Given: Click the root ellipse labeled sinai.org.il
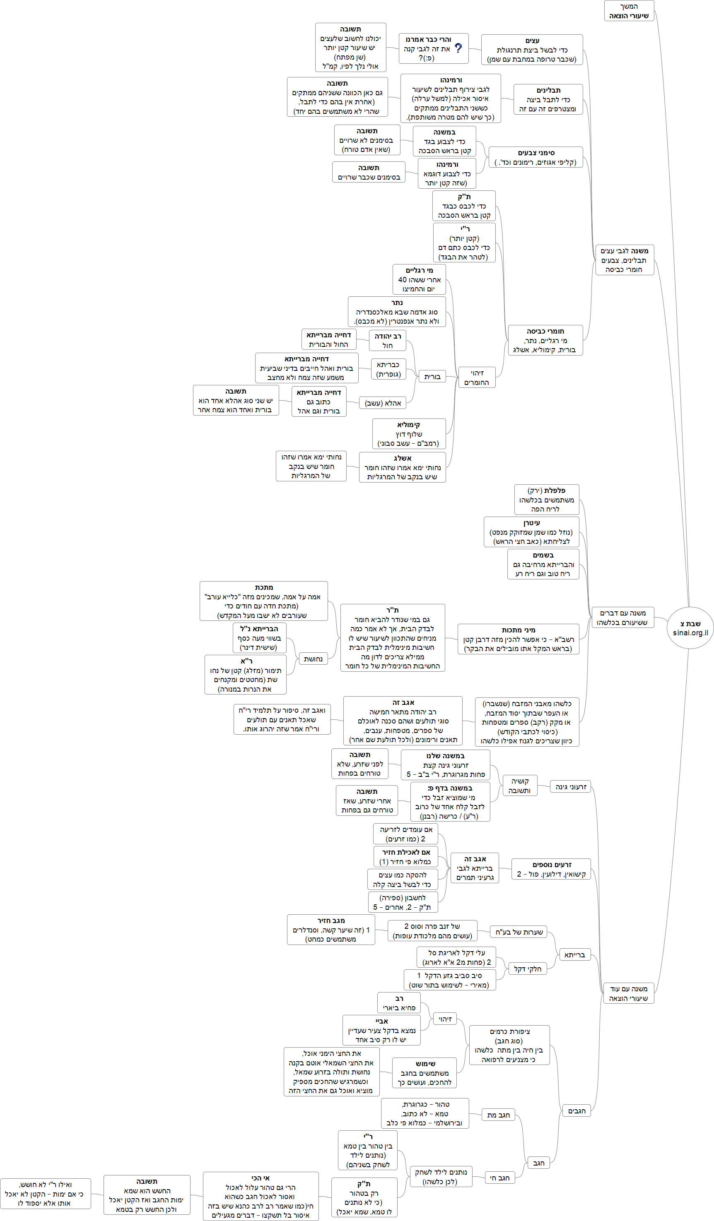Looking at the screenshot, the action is tap(690, 628).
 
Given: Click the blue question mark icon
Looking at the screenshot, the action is tap(458, 48).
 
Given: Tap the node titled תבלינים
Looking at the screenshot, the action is tap(548, 99).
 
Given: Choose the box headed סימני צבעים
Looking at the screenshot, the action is tap(535, 157).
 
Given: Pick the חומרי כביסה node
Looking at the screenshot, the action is tap(545, 340).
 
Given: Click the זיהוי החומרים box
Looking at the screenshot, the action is tap(477, 377).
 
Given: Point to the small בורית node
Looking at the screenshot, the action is tap(432, 377).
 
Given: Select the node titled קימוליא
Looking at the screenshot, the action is tap(409, 434).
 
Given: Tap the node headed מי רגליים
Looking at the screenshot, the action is tap(419, 279).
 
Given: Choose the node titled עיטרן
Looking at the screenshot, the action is tap(531, 531).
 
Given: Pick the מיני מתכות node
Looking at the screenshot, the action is tap(518, 639).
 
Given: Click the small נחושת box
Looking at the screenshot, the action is tap(313, 659).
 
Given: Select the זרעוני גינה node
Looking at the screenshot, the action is tap(571, 786).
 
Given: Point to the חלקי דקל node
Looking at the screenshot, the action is tap(527, 969).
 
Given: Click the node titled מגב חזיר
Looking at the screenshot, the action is tap(331, 930).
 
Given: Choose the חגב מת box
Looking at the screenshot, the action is tap(498, 1115).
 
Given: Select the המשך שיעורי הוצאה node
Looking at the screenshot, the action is tap(629, 11).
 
